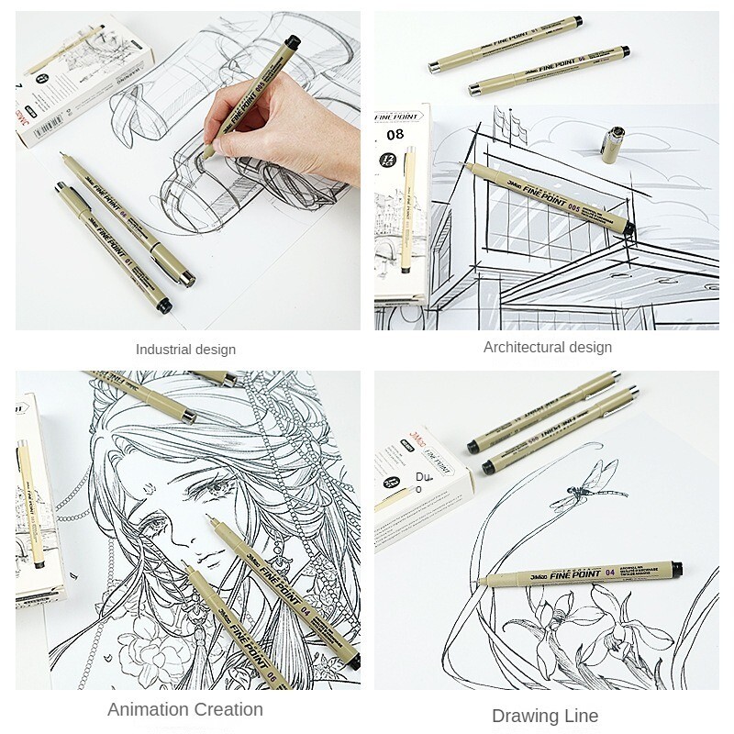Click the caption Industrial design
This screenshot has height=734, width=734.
click(x=185, y=350)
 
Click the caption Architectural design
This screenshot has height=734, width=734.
click(x=548, y=347)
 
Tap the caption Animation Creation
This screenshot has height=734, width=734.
click(x=185, y=709)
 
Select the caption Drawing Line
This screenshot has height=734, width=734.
click(x=545, y=716)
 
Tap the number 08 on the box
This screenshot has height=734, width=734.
click(x=395, y=134)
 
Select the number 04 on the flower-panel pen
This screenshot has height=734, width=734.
click(x=610, y=573)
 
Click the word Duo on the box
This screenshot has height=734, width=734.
click(x=422, y=483)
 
